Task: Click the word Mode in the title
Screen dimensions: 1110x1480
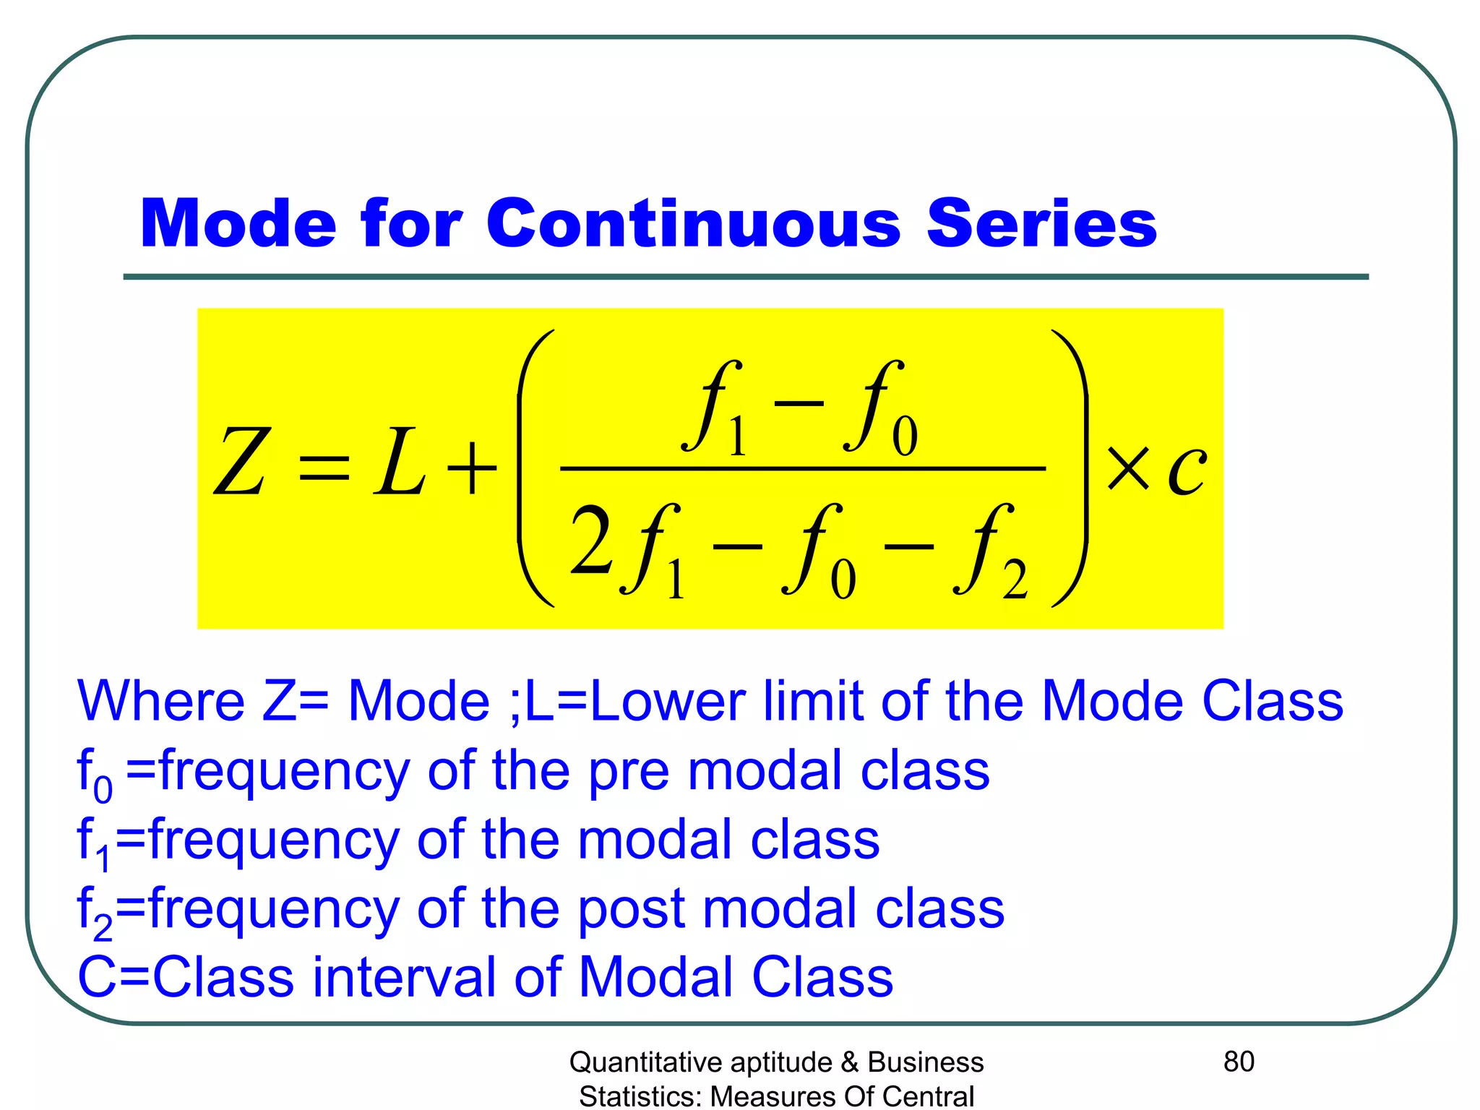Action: (238, 223)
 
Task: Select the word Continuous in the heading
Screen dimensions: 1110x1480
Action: (693, 223)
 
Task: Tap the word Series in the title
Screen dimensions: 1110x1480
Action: (1041, 223)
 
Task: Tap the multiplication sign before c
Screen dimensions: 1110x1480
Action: (1128, 468)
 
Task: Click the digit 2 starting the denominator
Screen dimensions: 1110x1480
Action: (590, 540)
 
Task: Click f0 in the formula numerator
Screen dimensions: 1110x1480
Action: (880, 409)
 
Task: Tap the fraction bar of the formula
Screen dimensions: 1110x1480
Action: (802, 468)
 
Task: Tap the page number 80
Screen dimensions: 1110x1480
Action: (1239, 1062)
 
